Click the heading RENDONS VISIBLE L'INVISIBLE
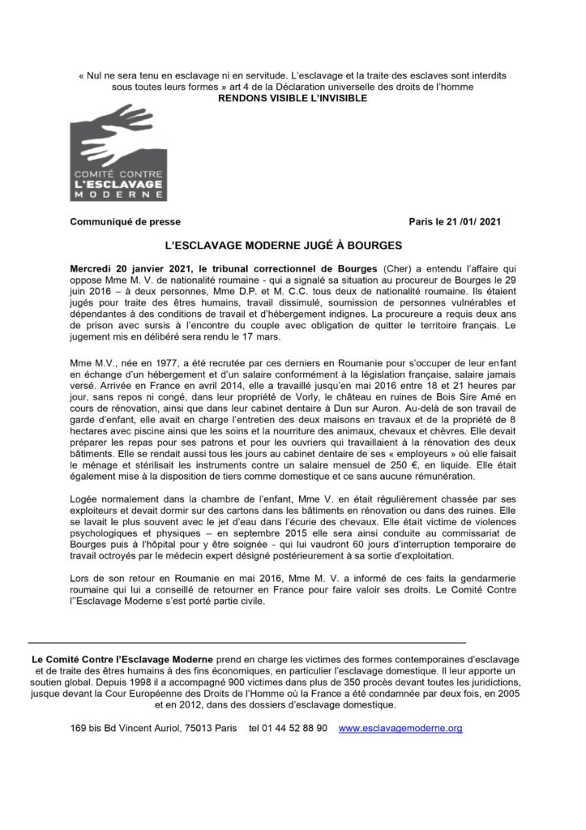coord(293,98)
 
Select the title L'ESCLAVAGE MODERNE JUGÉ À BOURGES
coord(293,244)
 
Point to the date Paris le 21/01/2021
coord(460,221)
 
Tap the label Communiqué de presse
coord(126,221)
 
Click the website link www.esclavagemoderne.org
coord(400,729)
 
